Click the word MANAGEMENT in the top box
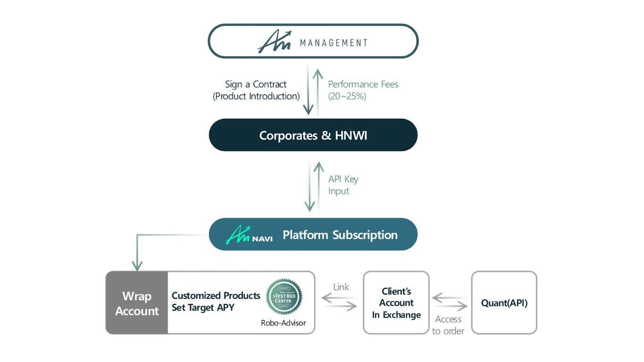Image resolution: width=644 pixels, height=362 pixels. pos(334,43)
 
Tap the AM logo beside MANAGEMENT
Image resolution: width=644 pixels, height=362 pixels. pos(274,42)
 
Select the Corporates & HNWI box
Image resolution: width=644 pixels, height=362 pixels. pos(313,135)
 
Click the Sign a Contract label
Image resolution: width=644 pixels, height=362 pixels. pos(256,84)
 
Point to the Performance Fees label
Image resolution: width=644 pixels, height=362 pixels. pos(363,84)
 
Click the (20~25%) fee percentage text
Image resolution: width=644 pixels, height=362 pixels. pos(347,96)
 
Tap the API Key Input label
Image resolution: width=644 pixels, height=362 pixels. pos(343,185)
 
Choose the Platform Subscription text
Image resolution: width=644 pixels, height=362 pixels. pos(340,235)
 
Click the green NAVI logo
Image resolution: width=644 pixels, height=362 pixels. pos(248,235)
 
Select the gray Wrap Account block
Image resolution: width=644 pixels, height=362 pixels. pos(137,303)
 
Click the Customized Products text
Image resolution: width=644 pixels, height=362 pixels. pos(216,296)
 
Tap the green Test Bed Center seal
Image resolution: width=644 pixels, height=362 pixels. pos(284,296)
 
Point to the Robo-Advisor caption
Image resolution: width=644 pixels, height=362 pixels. pos(283,323)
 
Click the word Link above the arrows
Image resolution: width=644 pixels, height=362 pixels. pos(341,287)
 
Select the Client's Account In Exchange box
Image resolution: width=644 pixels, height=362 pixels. pos(396,303)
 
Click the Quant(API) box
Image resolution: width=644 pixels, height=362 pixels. pos(504,303)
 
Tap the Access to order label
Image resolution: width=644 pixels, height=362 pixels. pos(448,325)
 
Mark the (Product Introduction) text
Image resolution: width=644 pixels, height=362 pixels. pos(256,96)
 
